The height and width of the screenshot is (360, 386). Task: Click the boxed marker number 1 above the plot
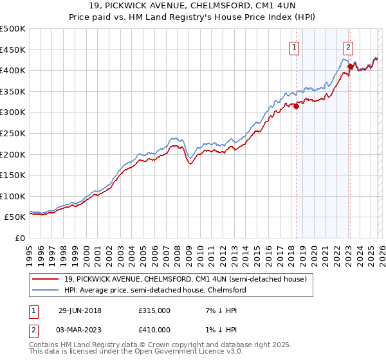[294, 46]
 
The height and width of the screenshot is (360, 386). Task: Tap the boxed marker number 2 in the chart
[347, 46]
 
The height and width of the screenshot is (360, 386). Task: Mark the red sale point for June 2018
[297, 107]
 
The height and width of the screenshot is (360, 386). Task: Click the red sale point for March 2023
[350, 66]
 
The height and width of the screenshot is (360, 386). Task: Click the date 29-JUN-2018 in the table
[80, 310]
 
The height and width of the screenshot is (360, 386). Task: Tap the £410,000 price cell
[154, 330]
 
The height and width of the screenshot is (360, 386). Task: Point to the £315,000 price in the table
[154, 310]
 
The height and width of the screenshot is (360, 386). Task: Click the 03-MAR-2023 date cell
[80, 330]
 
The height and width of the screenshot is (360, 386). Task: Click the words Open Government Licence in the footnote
[183, 352]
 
